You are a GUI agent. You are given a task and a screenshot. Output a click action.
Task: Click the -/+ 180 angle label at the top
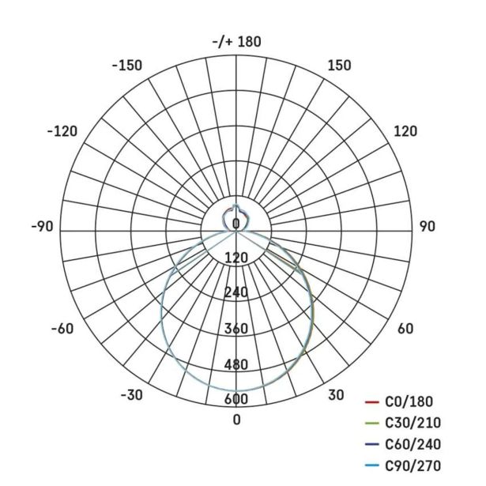pos(237,42)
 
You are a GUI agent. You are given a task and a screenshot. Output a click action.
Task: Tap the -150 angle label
pos(127,66)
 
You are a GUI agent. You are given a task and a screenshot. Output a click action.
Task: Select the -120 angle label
pos(62,131)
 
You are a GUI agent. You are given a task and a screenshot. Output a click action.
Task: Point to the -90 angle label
pos(42,227)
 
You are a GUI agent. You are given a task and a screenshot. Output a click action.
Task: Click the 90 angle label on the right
pos(428,227)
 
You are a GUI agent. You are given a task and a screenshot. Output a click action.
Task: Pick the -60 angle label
pos(62,329)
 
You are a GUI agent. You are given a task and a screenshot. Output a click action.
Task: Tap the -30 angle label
pos(132,395)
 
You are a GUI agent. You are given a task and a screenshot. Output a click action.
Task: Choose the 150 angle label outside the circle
pos(339,66)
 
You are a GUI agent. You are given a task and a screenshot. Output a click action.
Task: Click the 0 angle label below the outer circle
pos(236,420)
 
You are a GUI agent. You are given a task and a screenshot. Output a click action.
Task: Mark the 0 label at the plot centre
pos(236,224)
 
